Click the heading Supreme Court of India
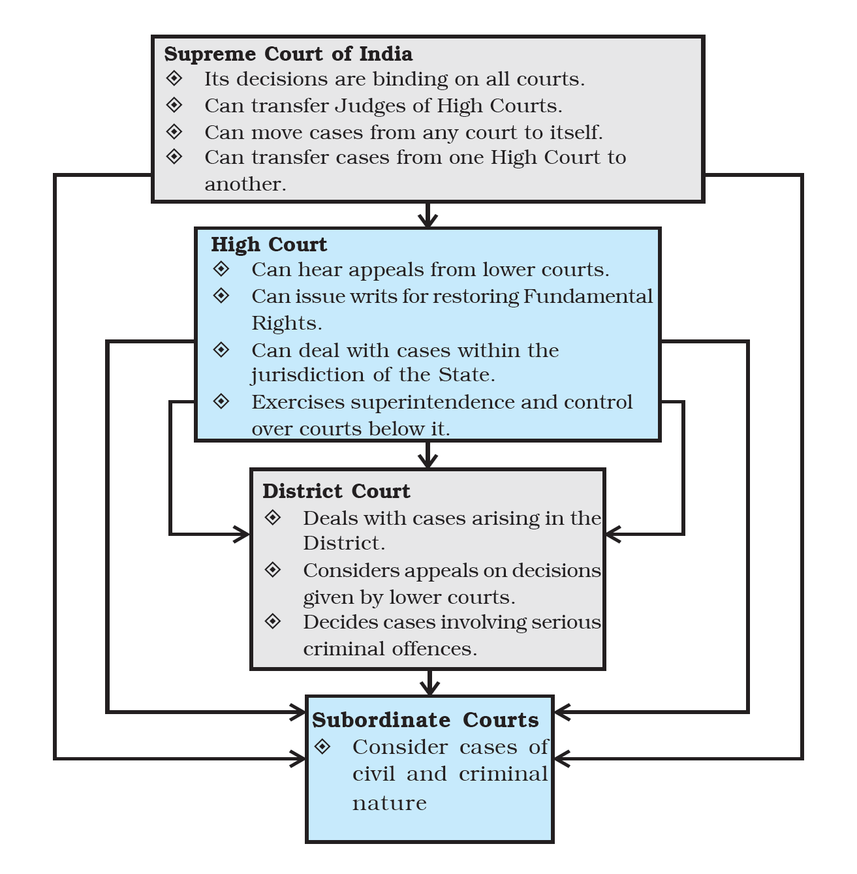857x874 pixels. [288, 54]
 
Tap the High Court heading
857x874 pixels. [269, 244]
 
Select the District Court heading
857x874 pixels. [336, 491]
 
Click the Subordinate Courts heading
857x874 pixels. [426, 719]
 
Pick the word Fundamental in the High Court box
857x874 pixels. [588, 296]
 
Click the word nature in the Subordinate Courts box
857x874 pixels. [390, 803]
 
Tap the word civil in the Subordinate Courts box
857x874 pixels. [374, 774]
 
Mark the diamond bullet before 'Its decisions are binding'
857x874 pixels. [174, 78]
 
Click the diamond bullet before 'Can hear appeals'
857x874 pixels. [221, 269]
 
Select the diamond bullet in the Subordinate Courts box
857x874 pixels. [322, 746]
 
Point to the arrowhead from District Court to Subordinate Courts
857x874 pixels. [429, 688]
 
